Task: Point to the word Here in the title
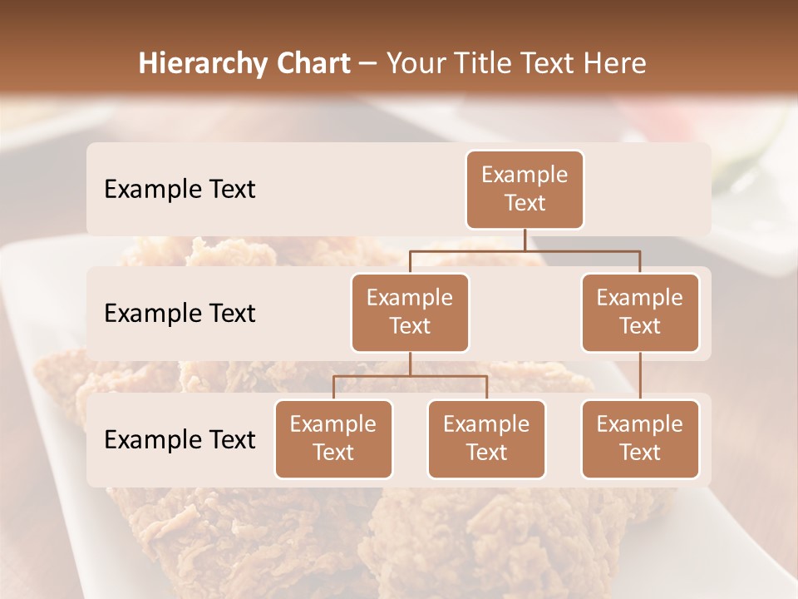pos(615,64)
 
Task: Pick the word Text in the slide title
pos(554,64)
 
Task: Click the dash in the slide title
pos(367,65)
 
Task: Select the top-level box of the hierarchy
pos(525,189)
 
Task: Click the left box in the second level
pos(410,312)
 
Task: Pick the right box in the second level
pos(640,312)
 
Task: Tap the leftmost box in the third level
pos(333,438)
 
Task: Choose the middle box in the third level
pos(486,438)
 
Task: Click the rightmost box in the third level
pos(640,438)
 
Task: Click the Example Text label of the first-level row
pos(180,190)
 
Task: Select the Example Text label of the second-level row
pos(180,314)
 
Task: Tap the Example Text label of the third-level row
pos(180,440)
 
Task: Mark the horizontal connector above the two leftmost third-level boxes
pos(410,376)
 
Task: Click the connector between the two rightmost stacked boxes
pos(640,376)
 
